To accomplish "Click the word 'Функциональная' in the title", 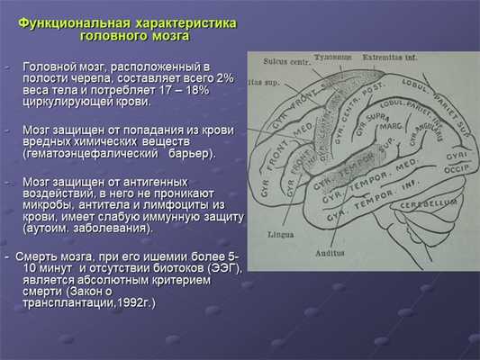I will tap(77, 23).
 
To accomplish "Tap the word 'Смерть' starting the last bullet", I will tap(34, 256).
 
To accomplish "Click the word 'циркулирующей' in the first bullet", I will tap(68, 103).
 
